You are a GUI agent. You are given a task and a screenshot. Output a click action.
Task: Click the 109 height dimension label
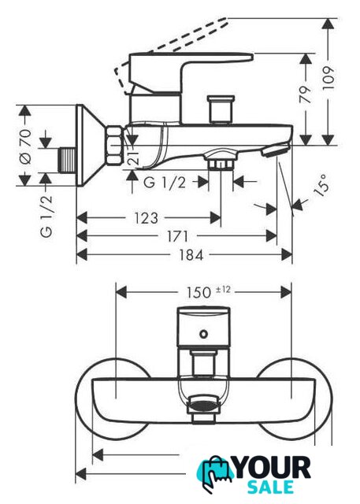click(x=328, y=78)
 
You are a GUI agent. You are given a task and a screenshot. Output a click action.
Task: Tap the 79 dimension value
click(x=306, y=94)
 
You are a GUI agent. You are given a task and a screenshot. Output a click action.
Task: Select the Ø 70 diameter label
click(x=25, y=146)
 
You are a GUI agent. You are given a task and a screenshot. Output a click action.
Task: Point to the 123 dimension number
click(x=146, y=218)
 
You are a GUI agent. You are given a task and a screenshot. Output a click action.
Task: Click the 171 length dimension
click(x=177, y=236)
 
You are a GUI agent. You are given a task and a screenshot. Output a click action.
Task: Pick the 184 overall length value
click(x=191, y=255)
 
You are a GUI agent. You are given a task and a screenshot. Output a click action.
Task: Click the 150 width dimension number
click(x=199, y=292)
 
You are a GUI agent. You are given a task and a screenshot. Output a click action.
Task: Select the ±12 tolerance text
click(x=223, y=290)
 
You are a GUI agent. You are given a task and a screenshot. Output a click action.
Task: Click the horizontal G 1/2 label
click(x=165, y=183)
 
